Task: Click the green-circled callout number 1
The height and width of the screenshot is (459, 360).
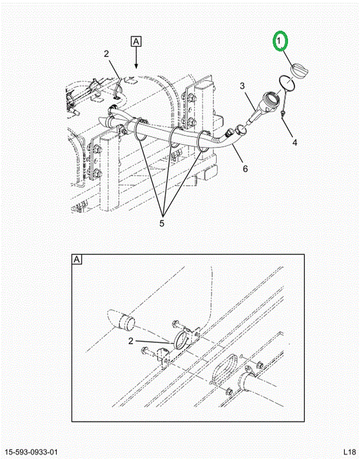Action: coord(279,41)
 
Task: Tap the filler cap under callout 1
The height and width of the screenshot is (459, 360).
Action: coord(299,71)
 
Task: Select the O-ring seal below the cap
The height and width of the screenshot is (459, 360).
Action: coord(287,83)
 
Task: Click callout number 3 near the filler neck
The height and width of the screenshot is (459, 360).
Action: coord(242,86)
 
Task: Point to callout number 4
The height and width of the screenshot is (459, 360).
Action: coord(295,142)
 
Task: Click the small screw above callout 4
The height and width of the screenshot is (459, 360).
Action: coord(284,115)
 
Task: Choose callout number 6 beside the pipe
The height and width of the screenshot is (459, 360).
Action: coord(245,168)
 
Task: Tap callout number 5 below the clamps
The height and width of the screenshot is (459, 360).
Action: coord(162,223)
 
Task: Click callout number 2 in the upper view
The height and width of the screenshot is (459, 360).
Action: coord(106,54)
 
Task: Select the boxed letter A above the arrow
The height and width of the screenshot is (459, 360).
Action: coord(136,41)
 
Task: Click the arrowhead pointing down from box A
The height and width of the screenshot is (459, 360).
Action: coord(136,65)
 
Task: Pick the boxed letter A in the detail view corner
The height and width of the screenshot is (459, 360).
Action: coord(76,259)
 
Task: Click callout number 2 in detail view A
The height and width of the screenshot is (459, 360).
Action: coord(131,340)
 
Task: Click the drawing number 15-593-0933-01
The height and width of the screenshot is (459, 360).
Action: coord(31,452)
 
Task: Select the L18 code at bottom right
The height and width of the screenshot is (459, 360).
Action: coord(349,452)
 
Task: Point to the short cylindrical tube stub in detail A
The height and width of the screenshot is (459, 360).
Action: coord(127,322)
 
